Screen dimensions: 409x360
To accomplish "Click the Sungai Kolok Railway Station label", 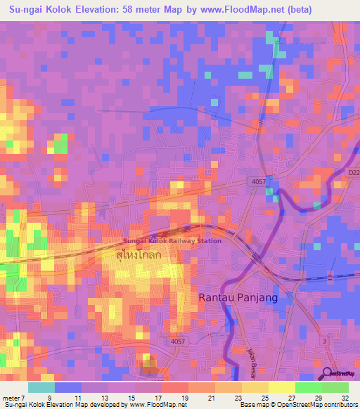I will (x=172, y=240).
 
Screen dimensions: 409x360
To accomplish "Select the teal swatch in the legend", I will (x=41, y=387).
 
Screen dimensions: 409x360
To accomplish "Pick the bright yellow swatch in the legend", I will (x=282, y=387).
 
